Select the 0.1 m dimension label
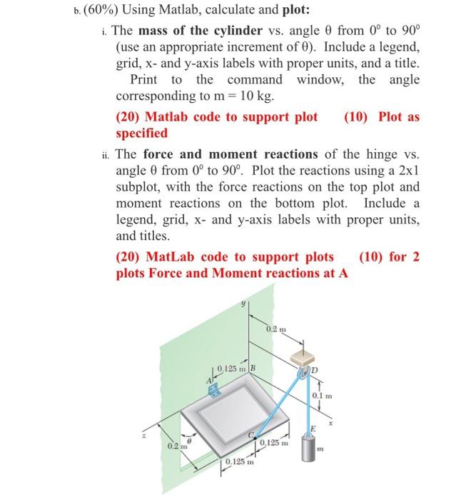320,396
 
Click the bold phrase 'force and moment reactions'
231,154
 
